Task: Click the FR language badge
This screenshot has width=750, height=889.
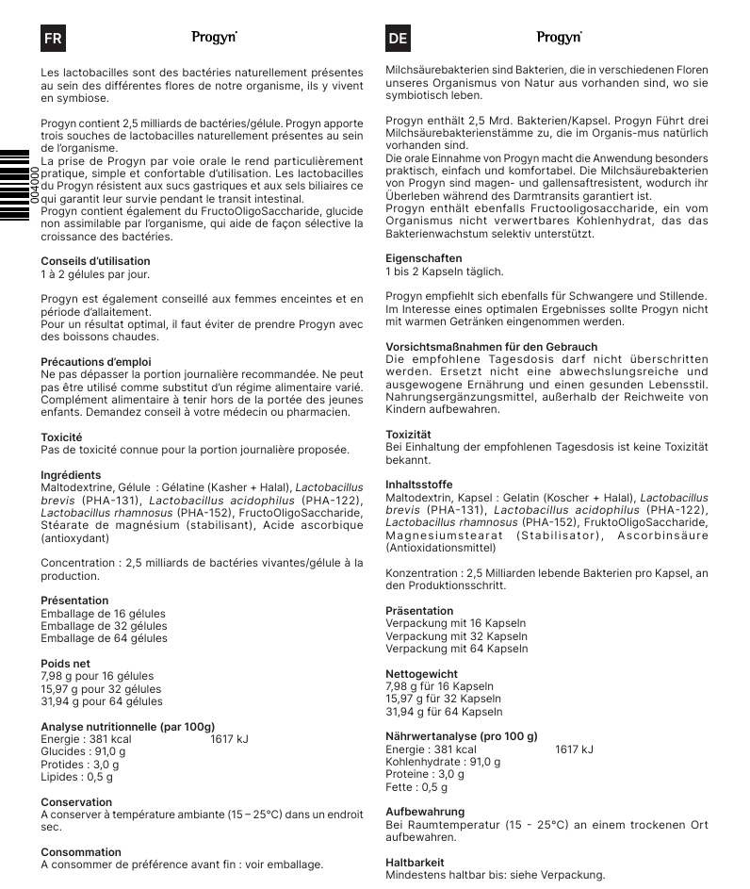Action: pos(53,39)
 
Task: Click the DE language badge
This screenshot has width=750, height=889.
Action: pos(398,39)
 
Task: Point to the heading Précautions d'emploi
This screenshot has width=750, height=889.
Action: pos(96,362)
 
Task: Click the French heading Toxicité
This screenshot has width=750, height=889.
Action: pos(61,437)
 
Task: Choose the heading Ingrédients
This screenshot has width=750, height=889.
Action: pos(71,475)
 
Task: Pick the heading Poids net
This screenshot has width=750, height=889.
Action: pos(66,664)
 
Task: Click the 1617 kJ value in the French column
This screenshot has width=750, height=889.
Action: pos(229,739)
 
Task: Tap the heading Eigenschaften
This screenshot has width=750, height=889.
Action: pos(424,258)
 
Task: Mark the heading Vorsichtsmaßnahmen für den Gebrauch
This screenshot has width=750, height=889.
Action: pos(491,347)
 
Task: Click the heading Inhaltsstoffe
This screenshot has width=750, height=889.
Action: pos(420,485)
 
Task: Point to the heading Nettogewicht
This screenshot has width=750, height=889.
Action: pos(422,674)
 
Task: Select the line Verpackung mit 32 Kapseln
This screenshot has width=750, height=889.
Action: pos(457,636)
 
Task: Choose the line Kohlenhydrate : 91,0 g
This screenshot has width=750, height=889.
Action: pos(443,762)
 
